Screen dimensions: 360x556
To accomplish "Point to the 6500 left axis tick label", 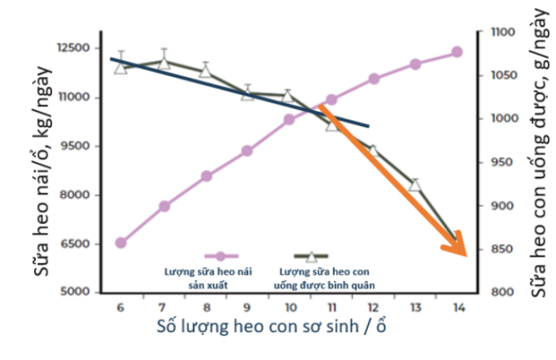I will click(79, 244).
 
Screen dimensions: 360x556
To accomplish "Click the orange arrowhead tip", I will click(465, 255).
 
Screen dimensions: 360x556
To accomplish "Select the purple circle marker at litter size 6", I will click(121, 243).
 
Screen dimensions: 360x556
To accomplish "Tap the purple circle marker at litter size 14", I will click(457, 52).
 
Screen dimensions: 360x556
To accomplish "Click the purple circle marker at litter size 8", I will click(205, 176).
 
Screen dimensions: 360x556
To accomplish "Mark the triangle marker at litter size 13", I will click(415, 184).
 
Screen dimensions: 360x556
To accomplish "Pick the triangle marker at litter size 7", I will click(163, 62).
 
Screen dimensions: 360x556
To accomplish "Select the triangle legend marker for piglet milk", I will click(311, 257).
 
